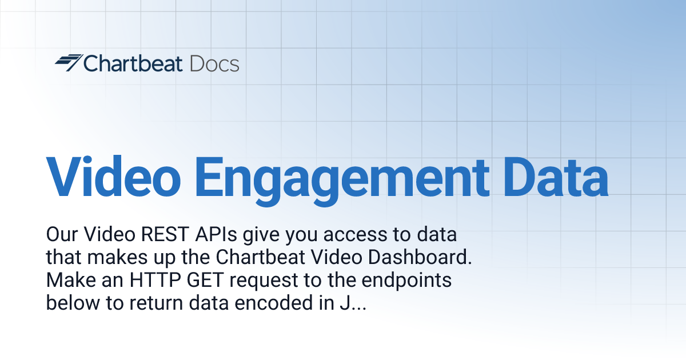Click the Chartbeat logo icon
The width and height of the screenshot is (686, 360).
[x=69, y=63]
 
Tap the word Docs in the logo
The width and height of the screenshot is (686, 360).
[x=214, y=63]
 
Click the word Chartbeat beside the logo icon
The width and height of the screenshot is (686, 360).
[x=133, y=63]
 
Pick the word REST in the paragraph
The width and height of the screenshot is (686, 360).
[x=167, y=235]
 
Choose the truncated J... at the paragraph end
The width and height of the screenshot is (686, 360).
[x=349, y=303]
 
